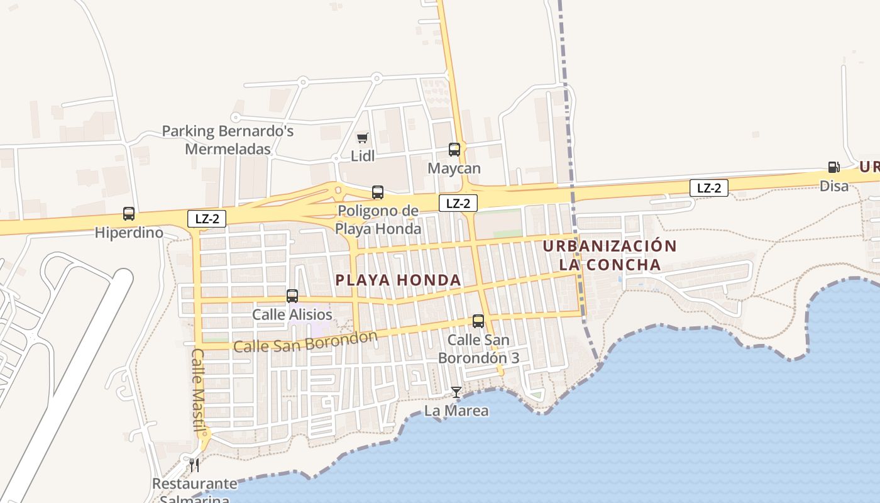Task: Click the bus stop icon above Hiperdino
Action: pyautogui.click(x=129, y=214)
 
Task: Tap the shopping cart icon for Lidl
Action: pyautogui.click(x=362, y=138)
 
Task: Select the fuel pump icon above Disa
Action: pyautogui.click(x=834, y=167)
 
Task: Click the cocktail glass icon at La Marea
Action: pyautogui.click(x=456, y=392)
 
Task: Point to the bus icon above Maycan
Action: pyautogui.click(x=454, y=150)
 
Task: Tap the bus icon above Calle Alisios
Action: pyautogui.click(x=292, y=296)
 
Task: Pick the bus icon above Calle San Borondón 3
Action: pyautogui.click(x=478, y=321)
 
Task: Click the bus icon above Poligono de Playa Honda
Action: pyautogui.click(x=378, y=192)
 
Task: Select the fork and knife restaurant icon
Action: pyautogui.click(x=194, y=465)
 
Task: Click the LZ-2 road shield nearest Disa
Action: pyautogui.click(x=709, y=187)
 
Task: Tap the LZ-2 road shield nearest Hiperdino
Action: pyautogui.click(x=207, y=218)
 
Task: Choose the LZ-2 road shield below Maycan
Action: pyautogui.click(x=458, y=203)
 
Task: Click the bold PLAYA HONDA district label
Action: pyautogui.click(x=399, y=280)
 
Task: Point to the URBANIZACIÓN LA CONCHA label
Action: pyautogui.click(x=610, y=255)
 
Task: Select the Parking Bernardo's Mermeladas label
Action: pyautogui.click(x=228, y=140)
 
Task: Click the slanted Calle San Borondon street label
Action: pyautogui.click(x=305, y=341)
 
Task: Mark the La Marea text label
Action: pyautogui.click(x=456, y=411)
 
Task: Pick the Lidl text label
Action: pyautogui.click(x=363, y=156)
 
